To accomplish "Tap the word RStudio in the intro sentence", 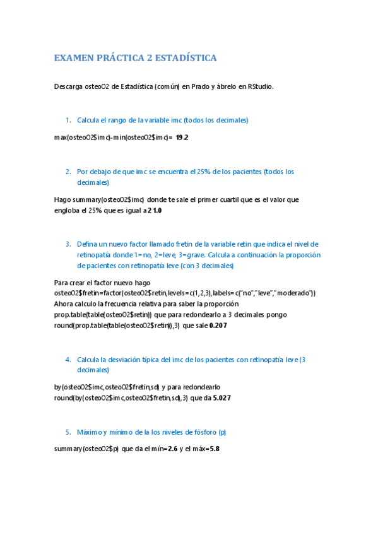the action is coord(261,86).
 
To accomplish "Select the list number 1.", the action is coord(68,120).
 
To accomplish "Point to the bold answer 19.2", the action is coord(182,137).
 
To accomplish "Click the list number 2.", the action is coord(68,172).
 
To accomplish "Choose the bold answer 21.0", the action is coord(155,211).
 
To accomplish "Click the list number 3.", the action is coord(68,244).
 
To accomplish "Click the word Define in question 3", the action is coord(88,244).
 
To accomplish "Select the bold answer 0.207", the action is coord(218,326).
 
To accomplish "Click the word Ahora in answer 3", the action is coord(65,303).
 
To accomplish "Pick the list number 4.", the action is coord(68,360).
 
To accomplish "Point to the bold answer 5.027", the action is coord(221,398).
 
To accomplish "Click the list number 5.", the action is coord(68,433).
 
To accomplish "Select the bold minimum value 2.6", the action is coord(173,449).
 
